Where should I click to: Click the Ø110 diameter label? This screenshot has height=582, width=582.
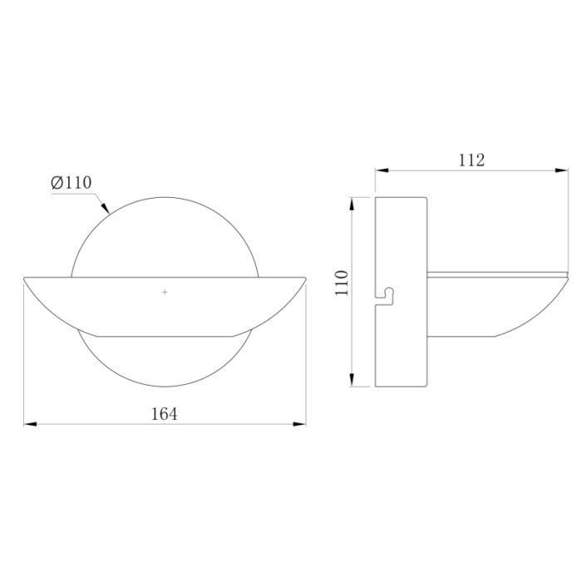point(72,183)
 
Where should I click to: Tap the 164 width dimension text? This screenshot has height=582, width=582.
point(165,414)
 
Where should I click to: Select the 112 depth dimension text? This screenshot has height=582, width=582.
point(471,160)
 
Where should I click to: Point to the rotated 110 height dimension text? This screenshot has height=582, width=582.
point(342,283)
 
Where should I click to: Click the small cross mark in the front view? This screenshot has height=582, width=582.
point(165,292)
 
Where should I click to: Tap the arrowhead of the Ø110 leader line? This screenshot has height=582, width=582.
point(106,208)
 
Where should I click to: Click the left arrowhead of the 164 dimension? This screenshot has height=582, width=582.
point(31,424)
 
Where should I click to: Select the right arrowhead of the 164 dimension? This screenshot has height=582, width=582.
point(299,424)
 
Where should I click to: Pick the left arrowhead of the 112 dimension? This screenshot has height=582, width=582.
point(382,170)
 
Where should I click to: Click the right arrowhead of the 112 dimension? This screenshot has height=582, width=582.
point(561,170)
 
